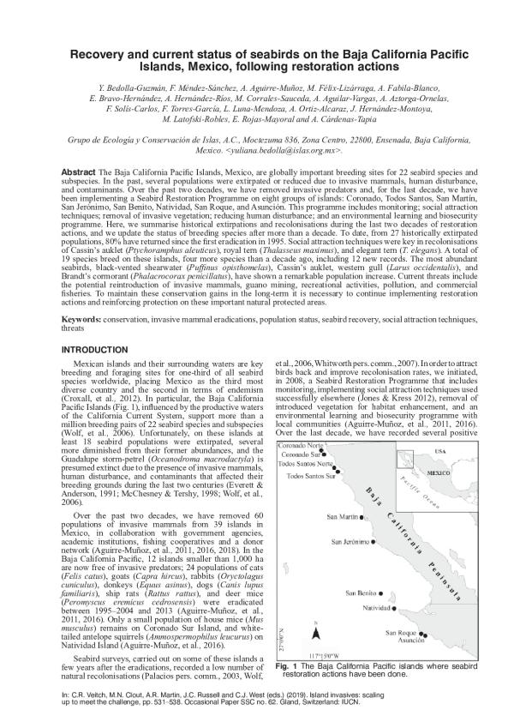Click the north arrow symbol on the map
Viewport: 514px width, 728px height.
pyautogui.click(x=316, y=632)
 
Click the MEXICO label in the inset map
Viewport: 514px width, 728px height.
pyautogui.click(x=439, y=472)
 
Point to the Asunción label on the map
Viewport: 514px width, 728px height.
pyautogui.click(x=410, y=641)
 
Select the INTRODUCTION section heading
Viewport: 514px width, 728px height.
pyautogui.click(x=98, y=373)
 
